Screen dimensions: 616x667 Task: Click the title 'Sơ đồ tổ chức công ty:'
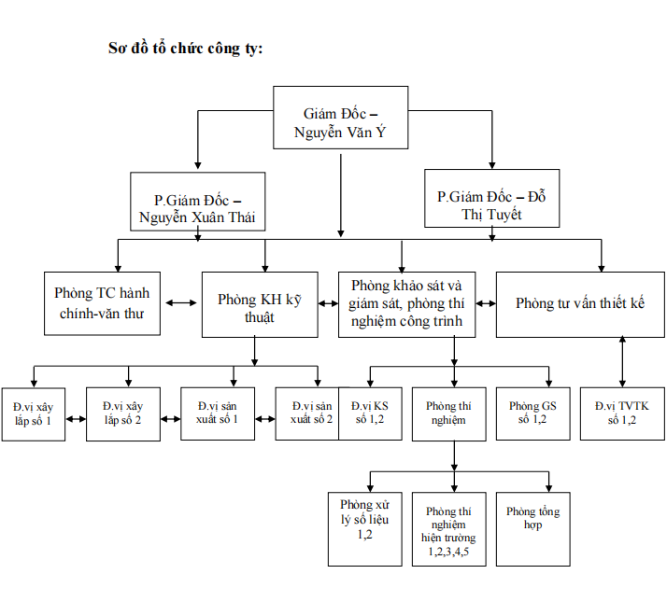click(186, 48)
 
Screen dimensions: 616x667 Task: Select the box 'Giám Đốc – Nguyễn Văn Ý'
click(340, 118)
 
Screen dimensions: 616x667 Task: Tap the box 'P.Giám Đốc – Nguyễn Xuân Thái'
click(197, 202)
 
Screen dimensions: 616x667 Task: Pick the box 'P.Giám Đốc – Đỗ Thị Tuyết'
click(491, 198)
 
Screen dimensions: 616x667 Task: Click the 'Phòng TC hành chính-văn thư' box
click(103, 303)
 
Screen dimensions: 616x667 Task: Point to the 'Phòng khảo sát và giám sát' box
click(406, 304)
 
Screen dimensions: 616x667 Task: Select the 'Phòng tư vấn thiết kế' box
click(580, 304)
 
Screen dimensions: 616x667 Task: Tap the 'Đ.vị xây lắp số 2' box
click(123, 413)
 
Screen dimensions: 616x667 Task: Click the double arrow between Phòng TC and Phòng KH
click(181, 304)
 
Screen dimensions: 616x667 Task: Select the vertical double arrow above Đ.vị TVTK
click(622, 361)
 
